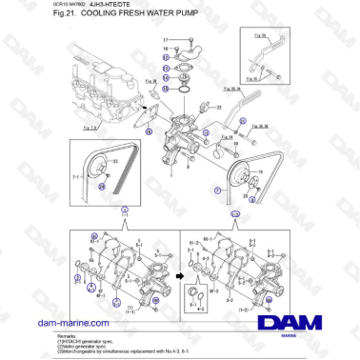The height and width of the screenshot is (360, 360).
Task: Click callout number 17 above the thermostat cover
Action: [x=166, y=38]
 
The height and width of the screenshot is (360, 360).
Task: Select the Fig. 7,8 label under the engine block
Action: [x=89, y=127]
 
